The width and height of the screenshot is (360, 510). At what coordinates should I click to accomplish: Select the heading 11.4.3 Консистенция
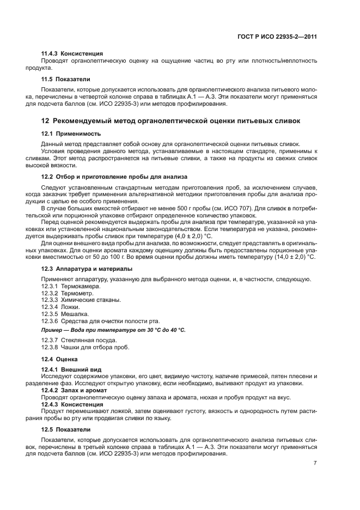72,54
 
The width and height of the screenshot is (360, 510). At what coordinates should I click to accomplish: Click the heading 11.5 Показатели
66,79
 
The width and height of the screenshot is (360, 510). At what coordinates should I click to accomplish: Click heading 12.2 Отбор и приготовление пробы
114,177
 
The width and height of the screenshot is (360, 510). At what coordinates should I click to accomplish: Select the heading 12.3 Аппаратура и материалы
87,269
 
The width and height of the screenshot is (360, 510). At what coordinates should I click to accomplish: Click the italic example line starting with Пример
113,330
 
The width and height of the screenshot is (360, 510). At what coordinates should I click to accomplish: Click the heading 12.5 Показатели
66,429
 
